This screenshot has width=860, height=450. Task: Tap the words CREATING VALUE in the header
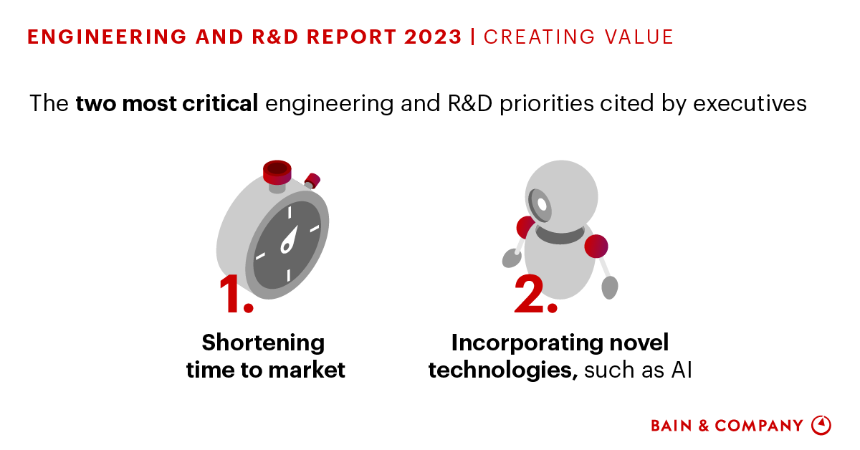click(x=578, y=37)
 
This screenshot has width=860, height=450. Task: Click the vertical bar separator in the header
click(x=473, y=37)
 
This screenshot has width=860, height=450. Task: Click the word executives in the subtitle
click(x=752, y=104)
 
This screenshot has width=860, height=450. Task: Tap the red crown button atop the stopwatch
click(x=277, y=171)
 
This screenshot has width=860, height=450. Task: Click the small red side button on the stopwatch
click(x=312, y=180)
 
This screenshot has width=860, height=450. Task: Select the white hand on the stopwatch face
click(x=289, y=239)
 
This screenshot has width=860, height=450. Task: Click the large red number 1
click(x=235, y=295)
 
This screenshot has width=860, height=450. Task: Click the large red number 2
click(x=535, y=295)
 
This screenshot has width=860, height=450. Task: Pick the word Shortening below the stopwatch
click(x=263, y=343)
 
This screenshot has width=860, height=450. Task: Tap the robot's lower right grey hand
click(x=609, y=287)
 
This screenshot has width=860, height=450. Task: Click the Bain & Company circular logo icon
click(x=821, y=425)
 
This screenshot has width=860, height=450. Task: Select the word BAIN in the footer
click(x=672, y=426)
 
